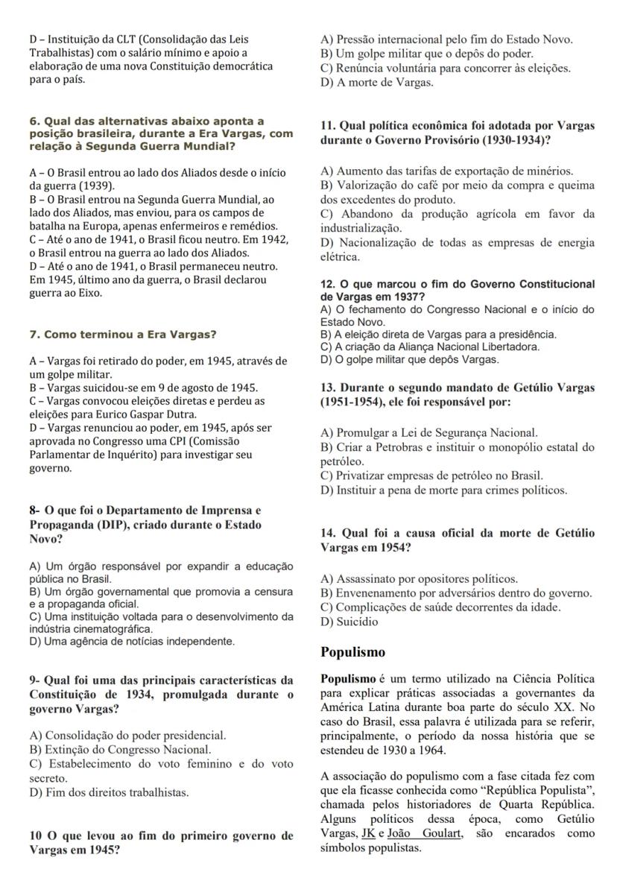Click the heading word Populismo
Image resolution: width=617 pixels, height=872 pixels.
(x=352, y=652)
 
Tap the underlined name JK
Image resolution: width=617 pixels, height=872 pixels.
(x=367, y=834)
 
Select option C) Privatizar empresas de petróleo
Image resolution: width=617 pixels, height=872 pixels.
(x=431, y=475)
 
